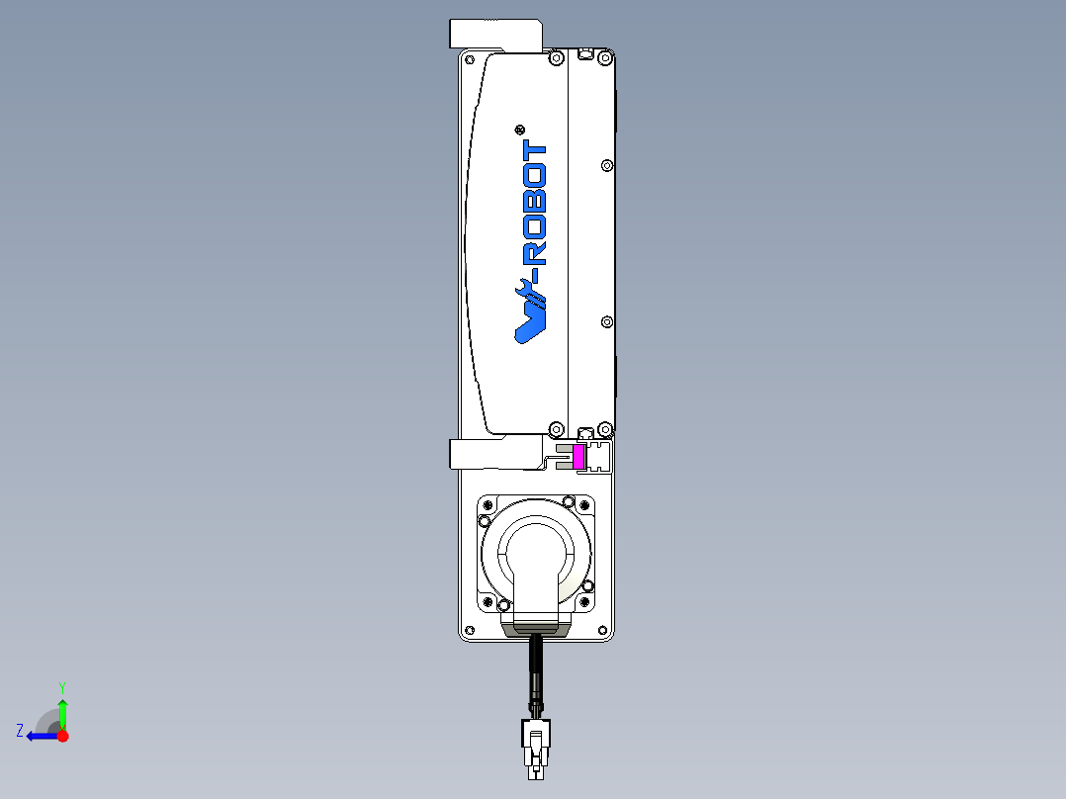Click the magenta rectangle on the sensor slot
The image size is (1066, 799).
(578, 457)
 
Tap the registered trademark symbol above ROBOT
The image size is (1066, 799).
(520, 130)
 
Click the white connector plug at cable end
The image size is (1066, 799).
(536, 748)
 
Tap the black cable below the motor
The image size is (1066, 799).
(536, 673)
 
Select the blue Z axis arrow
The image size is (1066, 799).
(43, 736)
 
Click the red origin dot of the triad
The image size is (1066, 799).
(62, 736)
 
